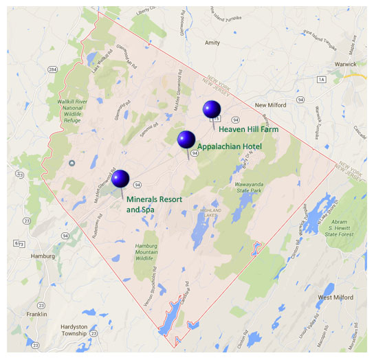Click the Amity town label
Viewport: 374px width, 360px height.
point(212,43)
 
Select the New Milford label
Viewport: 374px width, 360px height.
point(269,105)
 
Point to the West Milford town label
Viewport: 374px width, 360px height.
point(335,297)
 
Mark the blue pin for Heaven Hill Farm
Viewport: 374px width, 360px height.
point(211,109)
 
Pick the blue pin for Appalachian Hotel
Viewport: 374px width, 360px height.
point(186,139)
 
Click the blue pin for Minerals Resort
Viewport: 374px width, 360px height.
point(120,179)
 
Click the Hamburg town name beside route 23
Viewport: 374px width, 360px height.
point(43,256)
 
